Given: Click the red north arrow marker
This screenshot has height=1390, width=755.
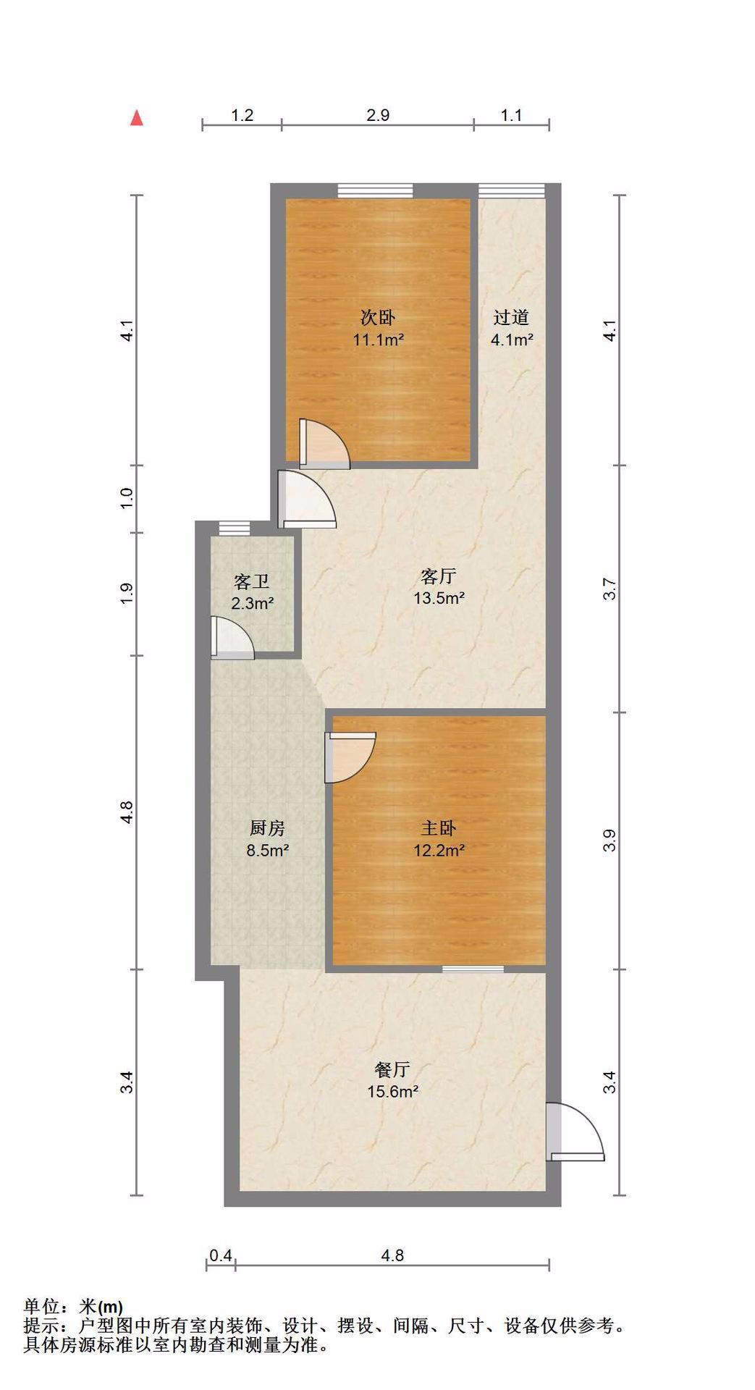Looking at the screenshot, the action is (136, 117).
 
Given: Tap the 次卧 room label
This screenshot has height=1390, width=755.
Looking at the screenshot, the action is (378, 317).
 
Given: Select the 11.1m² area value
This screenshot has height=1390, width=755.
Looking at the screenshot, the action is (378, 340).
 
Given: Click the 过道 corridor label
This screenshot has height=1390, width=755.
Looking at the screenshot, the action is (512, 317).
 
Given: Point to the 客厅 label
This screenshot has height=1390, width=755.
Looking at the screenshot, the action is (439, 576).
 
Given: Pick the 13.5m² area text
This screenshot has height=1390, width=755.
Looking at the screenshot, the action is (439, 599).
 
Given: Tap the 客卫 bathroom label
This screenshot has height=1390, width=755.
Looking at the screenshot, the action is (252, 581).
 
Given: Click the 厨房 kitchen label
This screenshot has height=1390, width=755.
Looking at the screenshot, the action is (267, 827).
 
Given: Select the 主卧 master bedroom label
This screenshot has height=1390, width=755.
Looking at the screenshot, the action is (439, 827).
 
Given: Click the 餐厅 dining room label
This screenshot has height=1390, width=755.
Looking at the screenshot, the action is (393, 1069).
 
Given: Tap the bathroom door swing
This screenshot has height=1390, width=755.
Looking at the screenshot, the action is (232, 638).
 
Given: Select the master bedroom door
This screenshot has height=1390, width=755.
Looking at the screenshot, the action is (350, 757).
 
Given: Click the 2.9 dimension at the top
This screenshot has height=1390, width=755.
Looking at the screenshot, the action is (378, 115).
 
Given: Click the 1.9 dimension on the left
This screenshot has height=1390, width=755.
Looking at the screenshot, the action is (127, 594).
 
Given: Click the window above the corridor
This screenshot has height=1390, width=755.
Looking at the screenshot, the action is (511, 190).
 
